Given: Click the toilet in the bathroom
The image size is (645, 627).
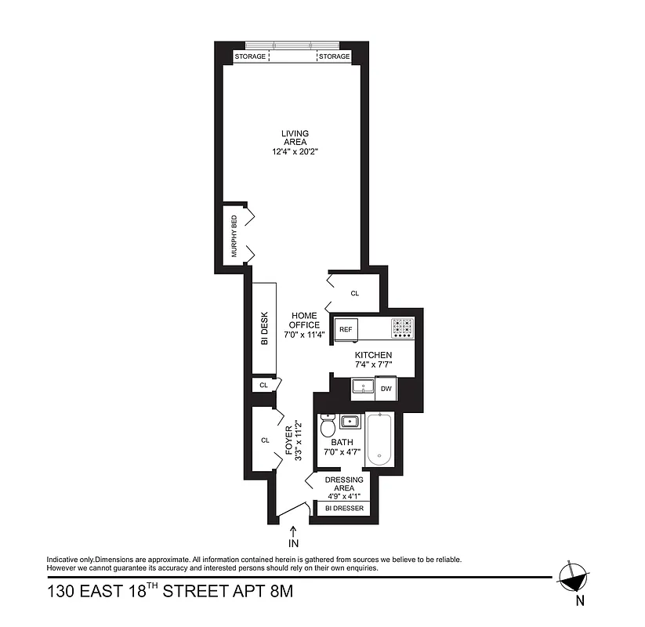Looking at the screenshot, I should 328,426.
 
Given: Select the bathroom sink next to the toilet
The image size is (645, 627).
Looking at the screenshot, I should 350,422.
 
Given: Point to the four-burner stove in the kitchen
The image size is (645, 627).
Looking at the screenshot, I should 403,328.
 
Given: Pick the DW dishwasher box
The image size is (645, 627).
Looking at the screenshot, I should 386,388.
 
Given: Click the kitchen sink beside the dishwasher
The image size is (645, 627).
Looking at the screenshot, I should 363,387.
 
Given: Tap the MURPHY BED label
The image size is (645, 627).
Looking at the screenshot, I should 234,236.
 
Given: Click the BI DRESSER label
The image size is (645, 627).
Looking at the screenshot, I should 345,509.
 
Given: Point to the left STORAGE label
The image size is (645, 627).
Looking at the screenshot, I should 251,56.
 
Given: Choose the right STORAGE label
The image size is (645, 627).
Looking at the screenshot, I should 334,56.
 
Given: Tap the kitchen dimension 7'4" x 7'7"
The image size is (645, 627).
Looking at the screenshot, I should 372,364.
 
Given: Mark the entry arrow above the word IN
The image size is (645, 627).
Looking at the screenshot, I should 292,531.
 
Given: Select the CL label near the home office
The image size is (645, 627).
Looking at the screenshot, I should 354,293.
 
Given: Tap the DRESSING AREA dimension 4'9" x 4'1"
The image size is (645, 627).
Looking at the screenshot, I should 344,496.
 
